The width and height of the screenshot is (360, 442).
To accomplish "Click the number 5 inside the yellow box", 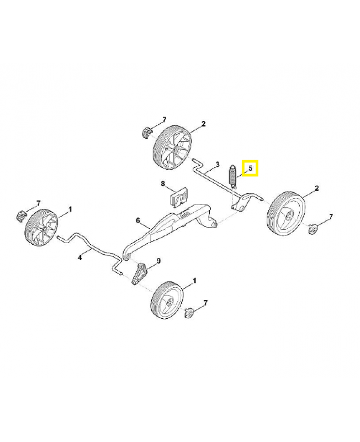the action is [x=250, y=169].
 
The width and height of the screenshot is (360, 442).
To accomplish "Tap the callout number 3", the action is [x=217, y=164].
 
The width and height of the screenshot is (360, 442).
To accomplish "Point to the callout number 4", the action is [x=80, y=257].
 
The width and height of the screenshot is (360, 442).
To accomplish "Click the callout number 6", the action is [x=138, y=220].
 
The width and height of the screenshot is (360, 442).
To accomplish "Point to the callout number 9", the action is [x=158, y=261].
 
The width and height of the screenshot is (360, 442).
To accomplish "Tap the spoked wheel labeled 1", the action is [x=42, y=228].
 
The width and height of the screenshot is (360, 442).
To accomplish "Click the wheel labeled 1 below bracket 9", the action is [x=167, y=300].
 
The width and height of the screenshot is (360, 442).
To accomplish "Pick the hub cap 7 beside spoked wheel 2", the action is [x=146, y=133].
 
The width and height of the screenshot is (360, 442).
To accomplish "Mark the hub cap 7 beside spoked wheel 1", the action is [x=21, y=217].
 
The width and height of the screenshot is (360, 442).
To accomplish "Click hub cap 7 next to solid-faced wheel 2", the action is [x=312, y=228].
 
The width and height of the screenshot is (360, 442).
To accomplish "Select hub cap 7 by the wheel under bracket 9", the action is [x=188, y=313].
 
